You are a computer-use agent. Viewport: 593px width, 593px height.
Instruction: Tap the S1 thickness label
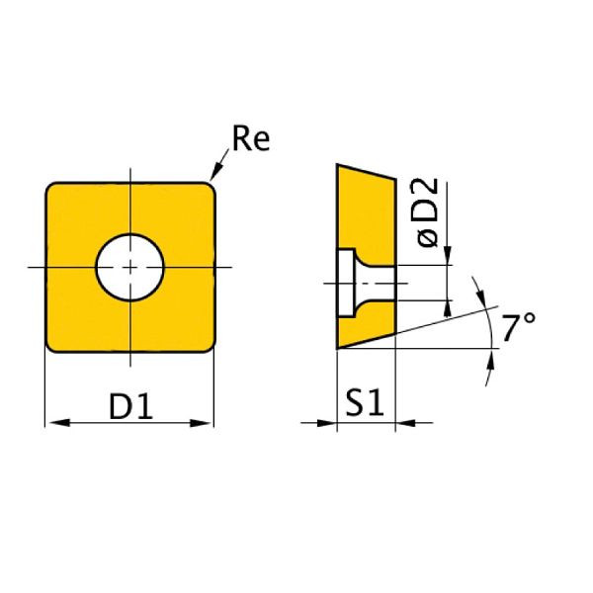pyautogui.click(x=366, y=404)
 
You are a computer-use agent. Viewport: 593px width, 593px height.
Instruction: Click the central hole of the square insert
pyautogui.click(x=129, y=267)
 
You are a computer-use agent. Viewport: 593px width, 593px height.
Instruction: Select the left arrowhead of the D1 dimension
pyautogui.click(x=55, y=423)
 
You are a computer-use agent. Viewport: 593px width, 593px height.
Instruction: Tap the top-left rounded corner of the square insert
pyautogui.click(x=53, y=189)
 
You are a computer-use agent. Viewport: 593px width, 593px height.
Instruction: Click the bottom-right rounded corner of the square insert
pyautogui.click(x=207, y=343)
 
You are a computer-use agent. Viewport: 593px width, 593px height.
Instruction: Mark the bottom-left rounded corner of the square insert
pyautogui.click(x=53, y=343)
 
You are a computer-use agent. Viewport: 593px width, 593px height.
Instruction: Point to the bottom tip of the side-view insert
pyautogui.click(x=339, y=348)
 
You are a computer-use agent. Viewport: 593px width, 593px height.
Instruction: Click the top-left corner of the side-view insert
pyautogui.click(x=339, y=166)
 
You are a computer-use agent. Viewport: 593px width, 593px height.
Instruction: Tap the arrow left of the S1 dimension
pyautogui.click(x=328, y=424)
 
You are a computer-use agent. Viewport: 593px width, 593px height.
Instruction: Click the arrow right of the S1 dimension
pyautogui.click(x=405, y=424)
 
